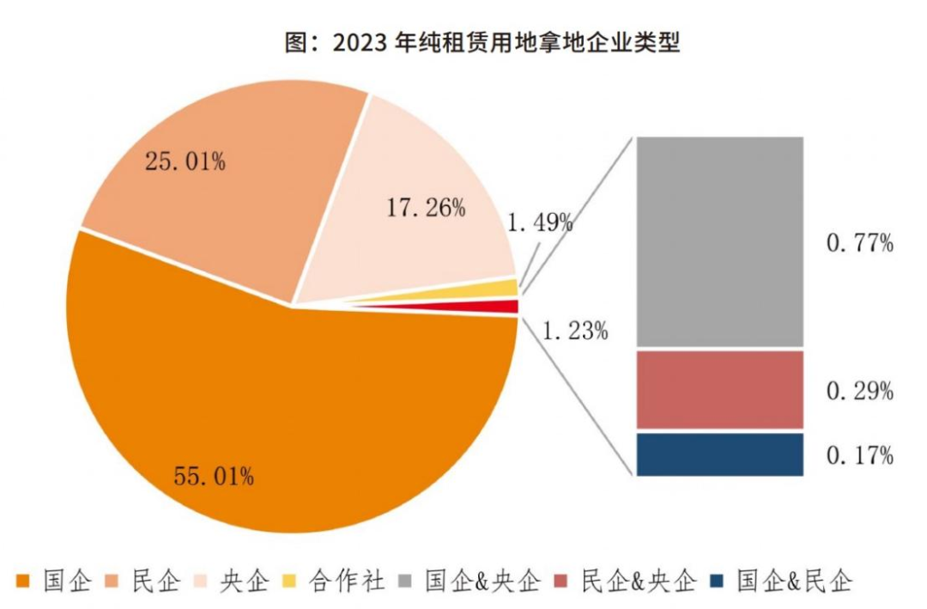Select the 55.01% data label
click(x=214, y=475)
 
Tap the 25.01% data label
click(x=185, y=161)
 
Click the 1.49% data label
click(x=540, y=223)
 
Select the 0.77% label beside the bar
click(x=860, y=244)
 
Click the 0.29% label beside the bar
click(x=860, y=392)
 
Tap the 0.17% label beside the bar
click(x=860, y=455)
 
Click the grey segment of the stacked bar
click(x=719, y=242)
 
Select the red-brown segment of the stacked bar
click(x=719, y=389)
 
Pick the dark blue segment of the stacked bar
click(x=719, y=454)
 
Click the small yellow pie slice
click(x=506, y=288)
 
